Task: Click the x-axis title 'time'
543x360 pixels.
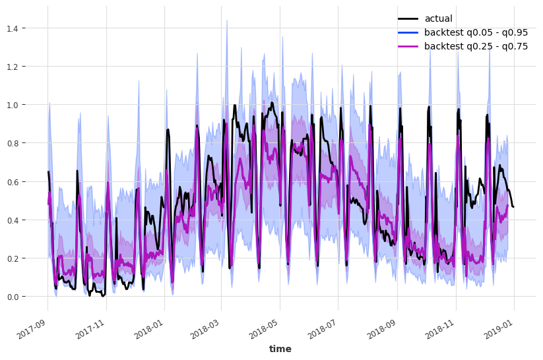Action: [x=280, y=349]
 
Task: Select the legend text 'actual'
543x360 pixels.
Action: [x=438, y=18]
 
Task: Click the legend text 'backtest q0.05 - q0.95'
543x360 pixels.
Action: [x=476, y=32]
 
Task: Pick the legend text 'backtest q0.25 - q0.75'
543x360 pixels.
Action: [x=476, y=46]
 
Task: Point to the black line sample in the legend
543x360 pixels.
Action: [x=408, y=18]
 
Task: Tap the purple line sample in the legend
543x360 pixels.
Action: [x=408, y=46]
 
